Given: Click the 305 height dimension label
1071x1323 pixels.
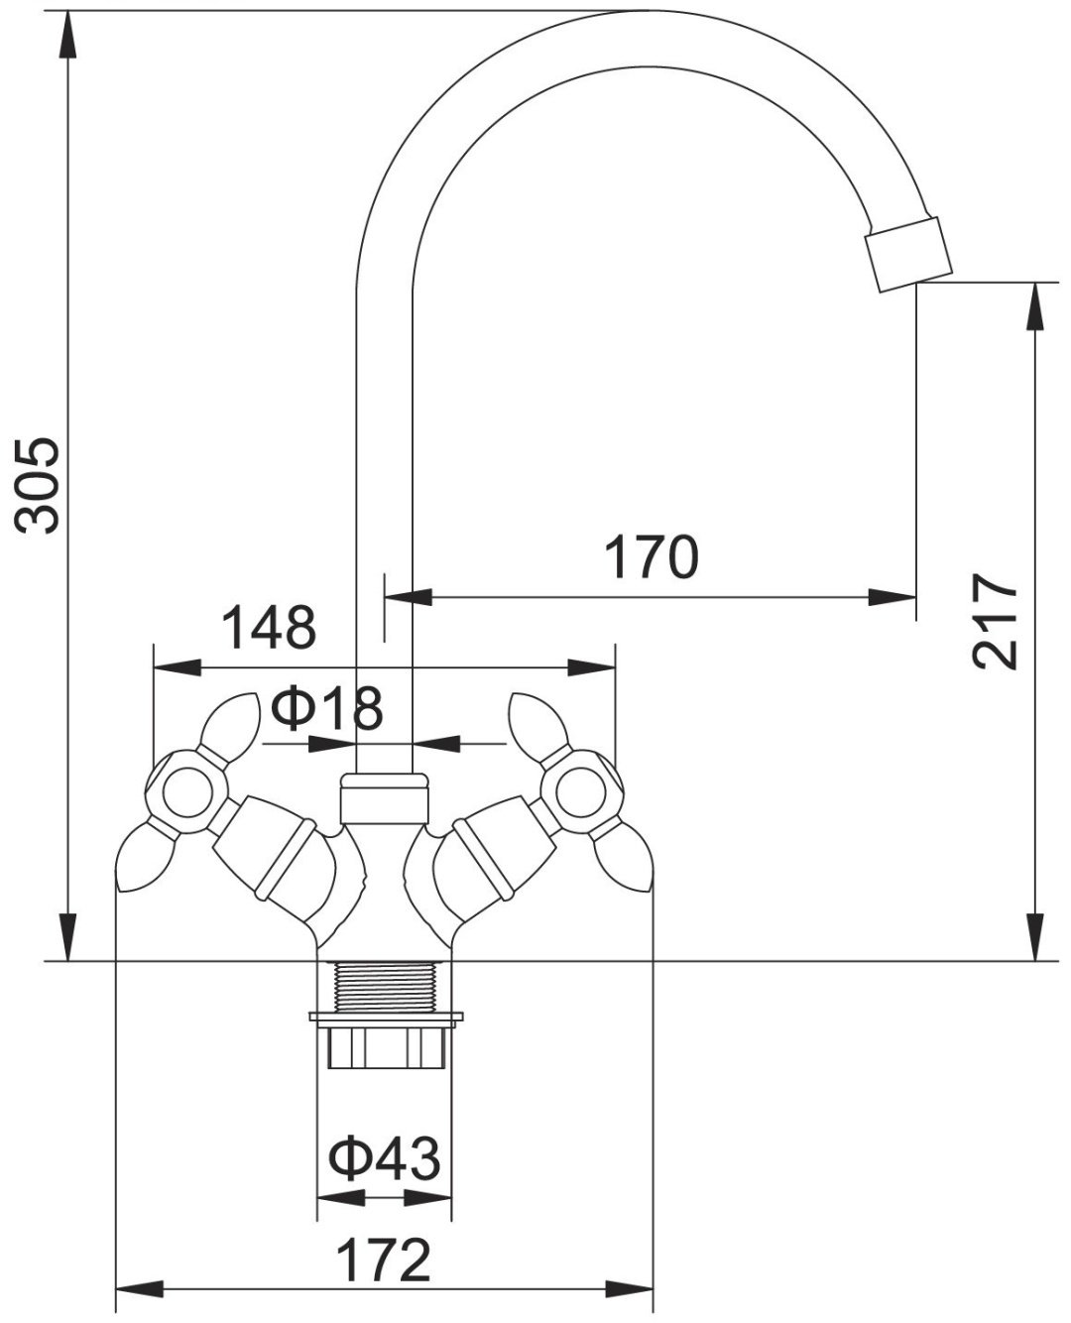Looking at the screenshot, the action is (x=38, y=485).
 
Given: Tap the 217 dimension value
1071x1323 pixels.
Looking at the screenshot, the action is (x=995, y=621).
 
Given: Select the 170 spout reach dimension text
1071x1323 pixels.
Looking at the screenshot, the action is (x=652, y=556).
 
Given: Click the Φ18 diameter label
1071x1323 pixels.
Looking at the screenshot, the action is (x=327, y=707).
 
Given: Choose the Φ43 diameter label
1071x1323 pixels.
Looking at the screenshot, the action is (x=385, y=1158).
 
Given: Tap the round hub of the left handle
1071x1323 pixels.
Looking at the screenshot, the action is (x=187, y=792).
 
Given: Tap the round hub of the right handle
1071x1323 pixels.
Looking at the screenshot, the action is (x=580, y=792).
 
